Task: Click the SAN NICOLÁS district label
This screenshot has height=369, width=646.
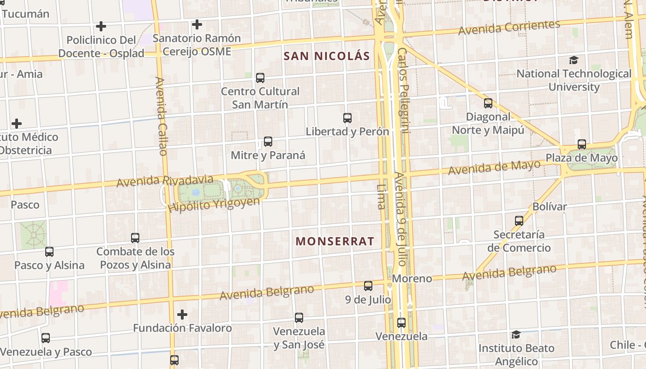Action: pos(327,56)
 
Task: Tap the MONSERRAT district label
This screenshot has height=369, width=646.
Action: pos(335,241)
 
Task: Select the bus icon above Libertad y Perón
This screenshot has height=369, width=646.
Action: pos(347,118)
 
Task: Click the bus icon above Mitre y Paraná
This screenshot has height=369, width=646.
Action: pos(268,142)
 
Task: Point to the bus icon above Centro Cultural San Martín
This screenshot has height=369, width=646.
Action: pos(260,78)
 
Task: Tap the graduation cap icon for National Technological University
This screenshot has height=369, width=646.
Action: pos(574,60)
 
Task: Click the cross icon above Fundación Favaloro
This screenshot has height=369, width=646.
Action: pos(182,315)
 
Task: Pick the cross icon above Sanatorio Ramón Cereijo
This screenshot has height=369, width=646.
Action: pos(197,24)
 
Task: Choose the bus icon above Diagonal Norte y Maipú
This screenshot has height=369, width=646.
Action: pos(488,103)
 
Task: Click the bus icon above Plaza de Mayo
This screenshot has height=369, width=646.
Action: pos(582,144)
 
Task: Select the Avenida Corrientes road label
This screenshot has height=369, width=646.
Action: pos(509,27)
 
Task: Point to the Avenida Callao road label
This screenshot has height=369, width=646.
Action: pos(161,116)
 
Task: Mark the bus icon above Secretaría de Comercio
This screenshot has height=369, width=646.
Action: pos(519,221)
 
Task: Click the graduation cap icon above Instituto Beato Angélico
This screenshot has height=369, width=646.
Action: pos(516,334)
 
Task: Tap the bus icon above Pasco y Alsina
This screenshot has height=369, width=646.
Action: pos(49,252)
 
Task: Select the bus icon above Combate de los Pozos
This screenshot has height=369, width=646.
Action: pos(135,238)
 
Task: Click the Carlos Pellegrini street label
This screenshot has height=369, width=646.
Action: pos(403,90)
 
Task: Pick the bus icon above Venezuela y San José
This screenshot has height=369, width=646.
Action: pos(299,318)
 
